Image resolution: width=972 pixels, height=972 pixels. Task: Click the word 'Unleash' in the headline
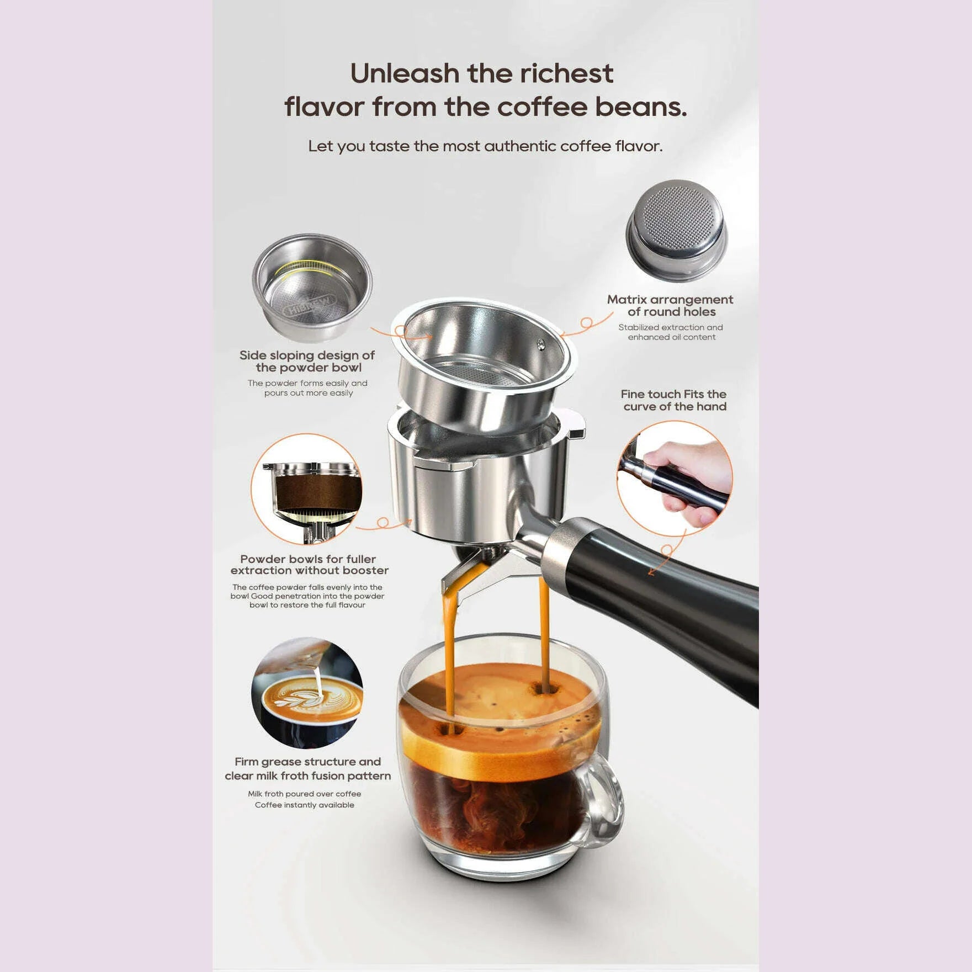404,73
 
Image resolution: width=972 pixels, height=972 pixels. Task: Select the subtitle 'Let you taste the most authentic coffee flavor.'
485,146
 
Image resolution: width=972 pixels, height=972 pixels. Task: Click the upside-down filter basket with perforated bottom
676,231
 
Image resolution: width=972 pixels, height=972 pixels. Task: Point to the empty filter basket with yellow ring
312,288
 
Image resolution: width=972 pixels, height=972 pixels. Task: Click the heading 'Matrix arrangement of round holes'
671,305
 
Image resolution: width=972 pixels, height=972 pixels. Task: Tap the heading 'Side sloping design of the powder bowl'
307,361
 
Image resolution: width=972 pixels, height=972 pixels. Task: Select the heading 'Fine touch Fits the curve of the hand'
674,400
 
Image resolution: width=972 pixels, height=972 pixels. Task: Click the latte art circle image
307,693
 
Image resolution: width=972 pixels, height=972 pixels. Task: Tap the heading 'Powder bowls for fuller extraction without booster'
309,565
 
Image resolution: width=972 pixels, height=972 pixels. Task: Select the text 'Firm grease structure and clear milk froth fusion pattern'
307,768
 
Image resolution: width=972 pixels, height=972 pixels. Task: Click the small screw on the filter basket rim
541,343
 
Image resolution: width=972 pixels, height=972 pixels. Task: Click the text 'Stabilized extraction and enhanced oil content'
671,332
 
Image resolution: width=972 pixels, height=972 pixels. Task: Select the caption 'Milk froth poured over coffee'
305,794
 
